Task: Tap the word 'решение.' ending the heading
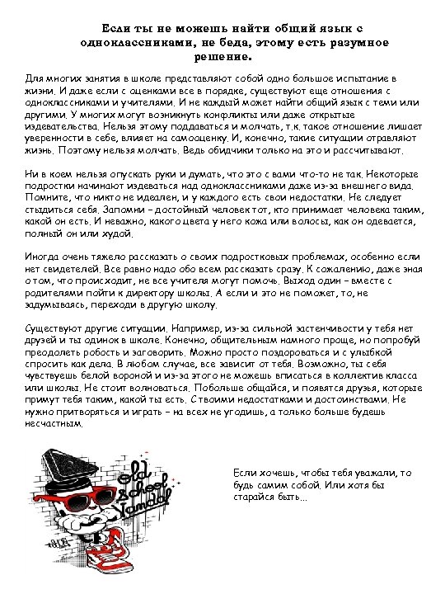(x=222, y=57)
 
